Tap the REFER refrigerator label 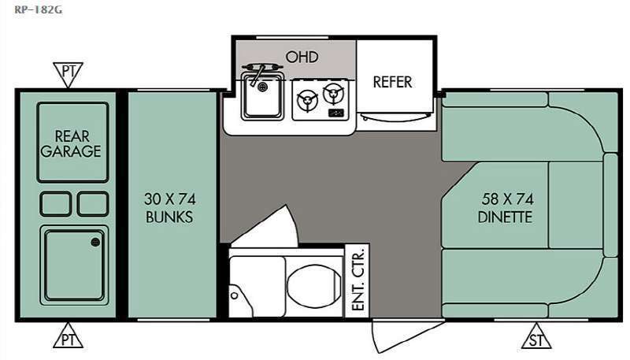tap(392, 82)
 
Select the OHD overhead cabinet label tap(302, 57)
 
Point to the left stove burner tap(306, 100)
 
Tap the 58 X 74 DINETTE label tap(505, 209)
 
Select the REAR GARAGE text tap(71, 143)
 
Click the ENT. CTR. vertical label tap(357, 280)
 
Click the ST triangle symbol tap(537, 337)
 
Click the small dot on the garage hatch tap(95, 242)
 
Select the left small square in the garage tap(56, 203)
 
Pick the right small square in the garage tap(93, 203)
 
